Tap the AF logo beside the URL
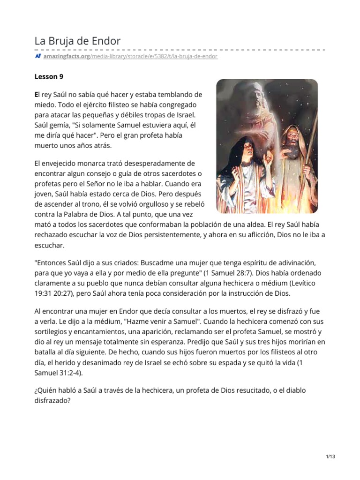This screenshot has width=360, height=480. click(38, 56)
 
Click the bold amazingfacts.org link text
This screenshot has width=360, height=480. click(66, 56)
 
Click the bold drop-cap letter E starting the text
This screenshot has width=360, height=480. click(37, 94)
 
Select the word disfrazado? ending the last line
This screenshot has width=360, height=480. click(52, 401)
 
